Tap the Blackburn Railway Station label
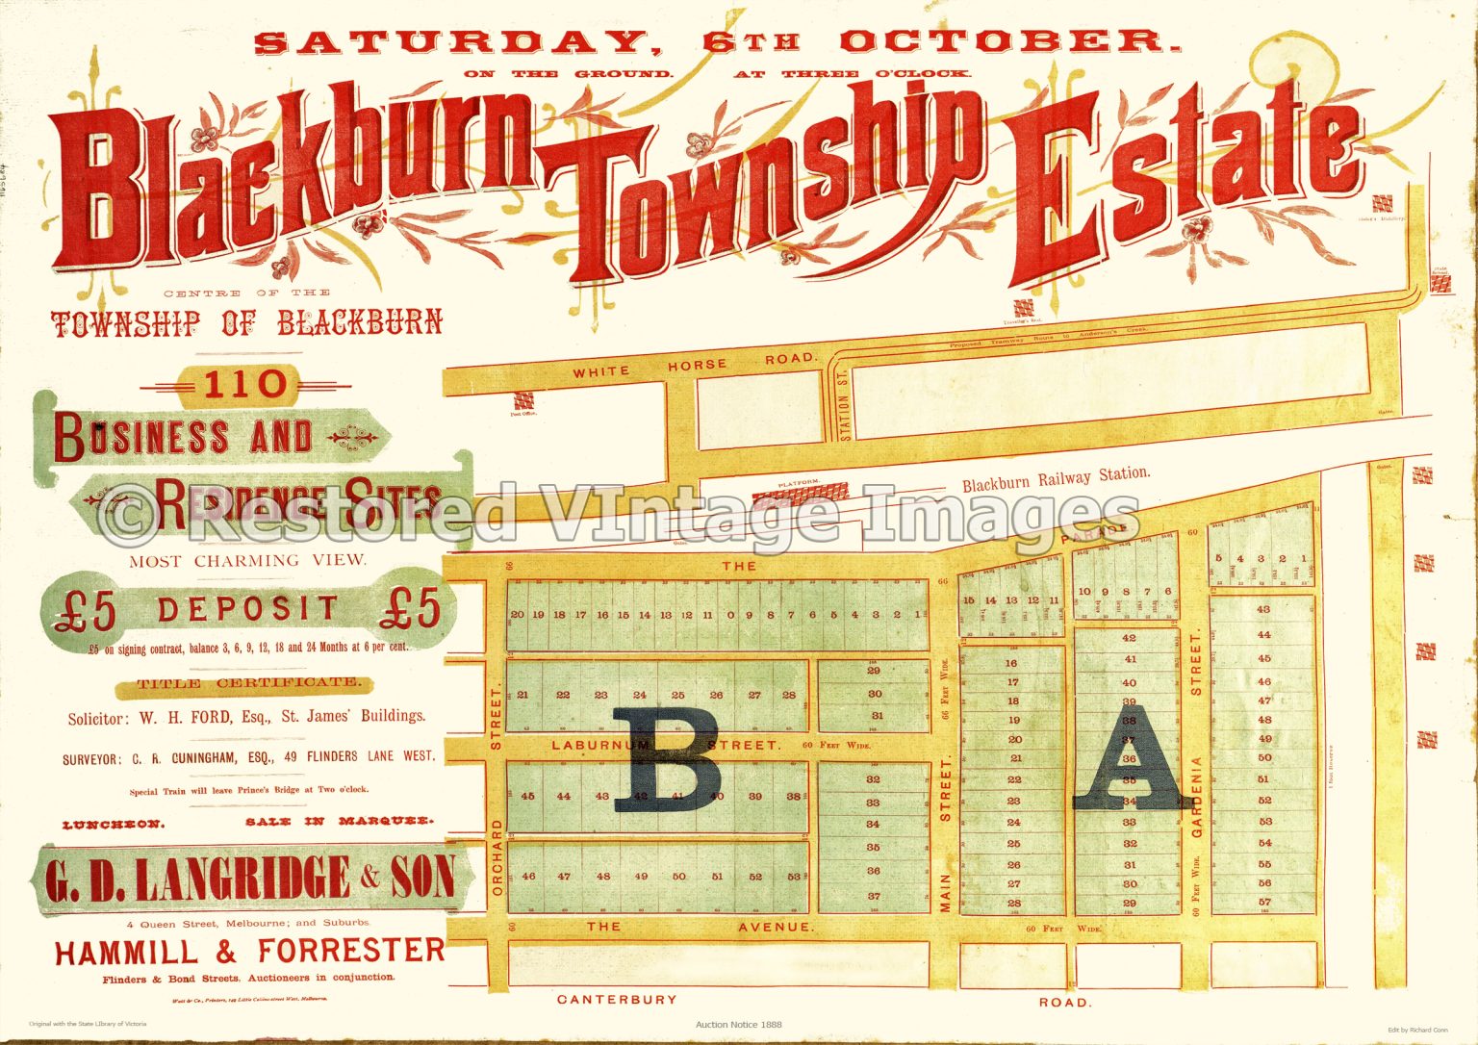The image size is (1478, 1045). (1056, 478)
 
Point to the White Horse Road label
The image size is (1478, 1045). (696, 366)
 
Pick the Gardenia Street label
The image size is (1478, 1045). (1197, 797)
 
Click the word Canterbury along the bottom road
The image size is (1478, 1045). (617, 1000)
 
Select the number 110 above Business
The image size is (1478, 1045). (244, 386)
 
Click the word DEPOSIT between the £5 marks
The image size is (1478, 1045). (248, 608)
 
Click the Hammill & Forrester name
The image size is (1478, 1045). (250, 953)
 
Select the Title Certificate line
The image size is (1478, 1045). (249, 683)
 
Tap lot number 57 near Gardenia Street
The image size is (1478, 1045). (1263, 902)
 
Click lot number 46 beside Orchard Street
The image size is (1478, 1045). (528, 877)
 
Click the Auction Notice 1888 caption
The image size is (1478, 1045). (738, 1025)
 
